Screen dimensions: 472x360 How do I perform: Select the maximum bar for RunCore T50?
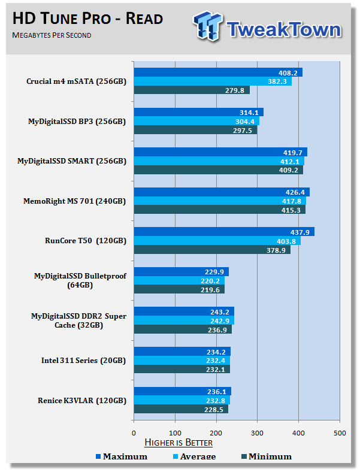pos(223,232)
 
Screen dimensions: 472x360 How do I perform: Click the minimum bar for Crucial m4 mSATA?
pos(191,90)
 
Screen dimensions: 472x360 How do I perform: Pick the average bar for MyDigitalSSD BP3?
pos(196,121)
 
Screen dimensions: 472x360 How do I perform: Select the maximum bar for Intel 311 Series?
pos(181,351)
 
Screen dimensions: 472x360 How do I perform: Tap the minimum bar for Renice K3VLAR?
pos(180,409)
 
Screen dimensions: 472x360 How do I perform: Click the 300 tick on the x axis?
pos(257,432)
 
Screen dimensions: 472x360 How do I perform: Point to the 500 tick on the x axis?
pos(340,432)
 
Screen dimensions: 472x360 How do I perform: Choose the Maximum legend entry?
pos(122,456)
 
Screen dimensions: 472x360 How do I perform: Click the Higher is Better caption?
pos(178,443)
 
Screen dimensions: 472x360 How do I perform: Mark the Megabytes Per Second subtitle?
pos(52,35)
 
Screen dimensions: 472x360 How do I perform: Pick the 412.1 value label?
pos(293,161)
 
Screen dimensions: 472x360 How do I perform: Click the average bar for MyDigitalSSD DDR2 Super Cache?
pos(183,320)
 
